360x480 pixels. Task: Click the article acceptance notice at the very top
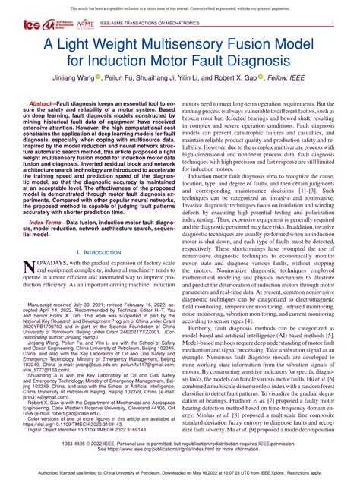pyautogui.click(x=179, y=7)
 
